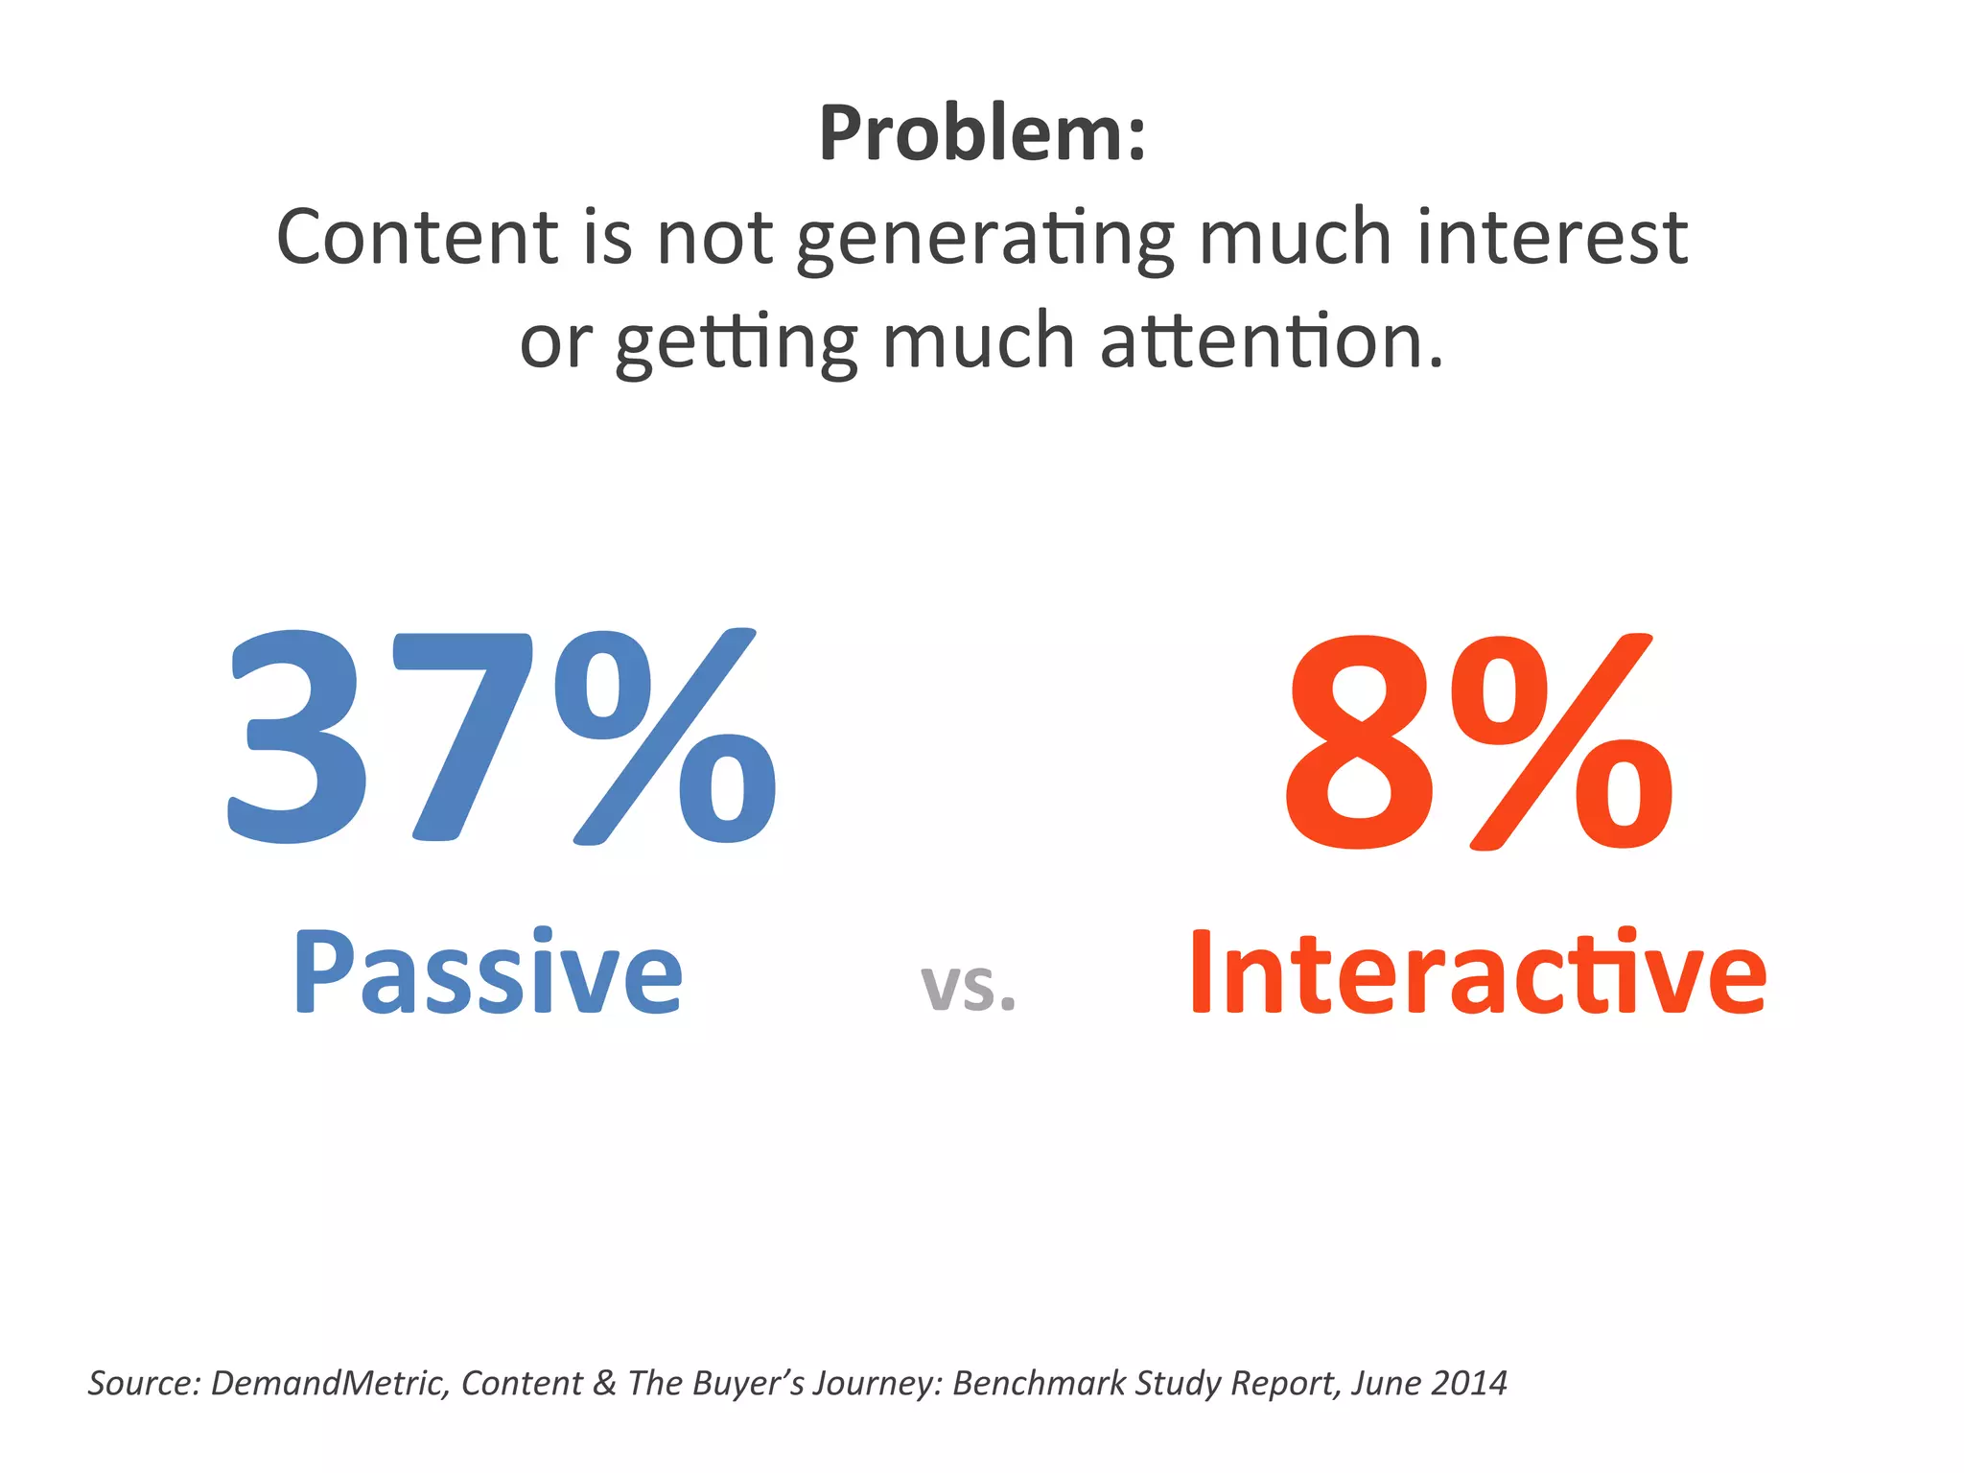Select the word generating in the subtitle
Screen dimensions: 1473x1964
click(985, 240)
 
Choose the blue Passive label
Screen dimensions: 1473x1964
click(487, 973)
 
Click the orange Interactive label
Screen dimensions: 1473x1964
click(1477, 973)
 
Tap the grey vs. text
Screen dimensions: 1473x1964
click(968, 988)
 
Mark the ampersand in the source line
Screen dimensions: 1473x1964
click(604, 1383)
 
